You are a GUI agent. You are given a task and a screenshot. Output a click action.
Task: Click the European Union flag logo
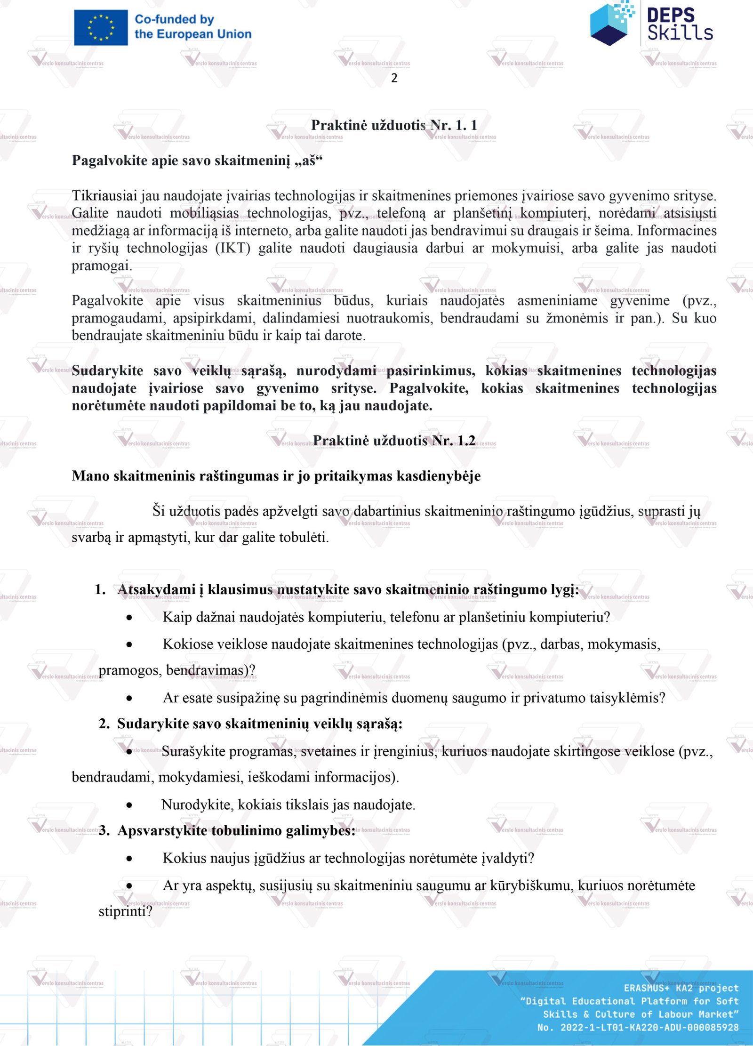click(x=101, y=27)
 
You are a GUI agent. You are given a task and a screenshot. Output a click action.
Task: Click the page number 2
click(x=394, y=78)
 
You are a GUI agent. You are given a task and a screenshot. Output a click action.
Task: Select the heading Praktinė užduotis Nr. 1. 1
click(x=394, y=125)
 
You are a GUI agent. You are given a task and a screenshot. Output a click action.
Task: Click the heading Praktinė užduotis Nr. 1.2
click(x=394, y=441)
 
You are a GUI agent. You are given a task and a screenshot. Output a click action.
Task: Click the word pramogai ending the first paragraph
click(x=102, y=266)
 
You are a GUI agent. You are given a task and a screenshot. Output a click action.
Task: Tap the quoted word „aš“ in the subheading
click(x=309, y=161)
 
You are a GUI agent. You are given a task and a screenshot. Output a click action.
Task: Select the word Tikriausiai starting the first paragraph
click(x=104, y=195)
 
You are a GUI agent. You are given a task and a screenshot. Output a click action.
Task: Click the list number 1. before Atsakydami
click(x=100, y=589)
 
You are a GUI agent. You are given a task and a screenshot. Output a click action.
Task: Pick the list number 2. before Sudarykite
click(x=104, y=724)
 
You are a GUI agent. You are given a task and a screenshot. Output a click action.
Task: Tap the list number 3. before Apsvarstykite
click(x=104, y=830)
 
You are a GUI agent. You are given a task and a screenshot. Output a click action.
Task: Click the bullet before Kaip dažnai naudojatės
click(x=129, y=617)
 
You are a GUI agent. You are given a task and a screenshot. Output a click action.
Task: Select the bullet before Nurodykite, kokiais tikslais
click(x=129, y=805)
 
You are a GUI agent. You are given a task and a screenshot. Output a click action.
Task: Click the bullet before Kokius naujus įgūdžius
click(x=129, y=859)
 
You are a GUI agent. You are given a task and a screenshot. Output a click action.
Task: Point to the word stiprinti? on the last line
click(x=125, y=911)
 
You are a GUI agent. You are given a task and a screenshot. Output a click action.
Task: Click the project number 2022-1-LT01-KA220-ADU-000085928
click(x=649, y=1027)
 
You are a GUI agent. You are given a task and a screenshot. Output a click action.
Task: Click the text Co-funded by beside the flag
click(x=174, y=20)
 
